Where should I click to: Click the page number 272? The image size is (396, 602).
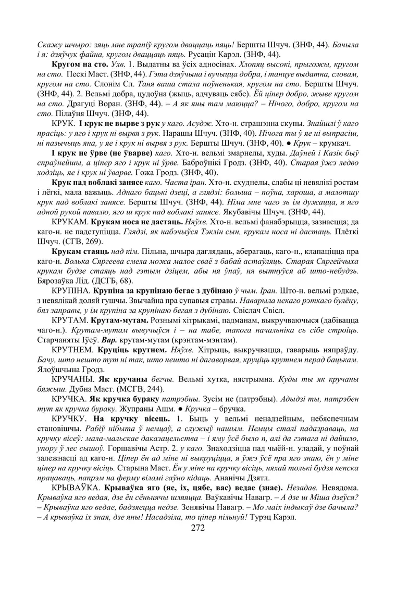click(x=197, y=528)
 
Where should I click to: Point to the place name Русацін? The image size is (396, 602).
click(x=195, y=54)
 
